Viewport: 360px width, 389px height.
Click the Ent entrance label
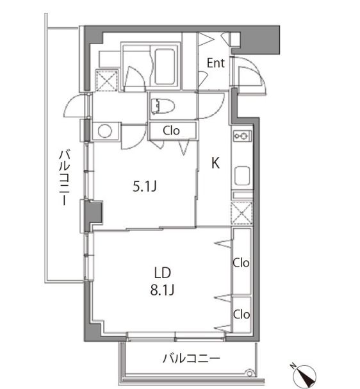click(215, 63)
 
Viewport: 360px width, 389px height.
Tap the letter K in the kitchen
click(216, 163)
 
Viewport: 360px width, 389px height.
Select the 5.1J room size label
click(145, 187)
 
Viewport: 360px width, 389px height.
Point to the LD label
click(163, 272)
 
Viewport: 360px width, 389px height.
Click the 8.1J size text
click(163, 290)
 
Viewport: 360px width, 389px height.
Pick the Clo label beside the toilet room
click(171, 131)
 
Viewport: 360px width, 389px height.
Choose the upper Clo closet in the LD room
click(241, 263)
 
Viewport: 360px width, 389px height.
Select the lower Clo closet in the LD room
click(241, 314)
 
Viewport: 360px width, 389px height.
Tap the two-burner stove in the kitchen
click(243, 136)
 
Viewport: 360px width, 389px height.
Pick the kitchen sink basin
click(243, 175)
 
